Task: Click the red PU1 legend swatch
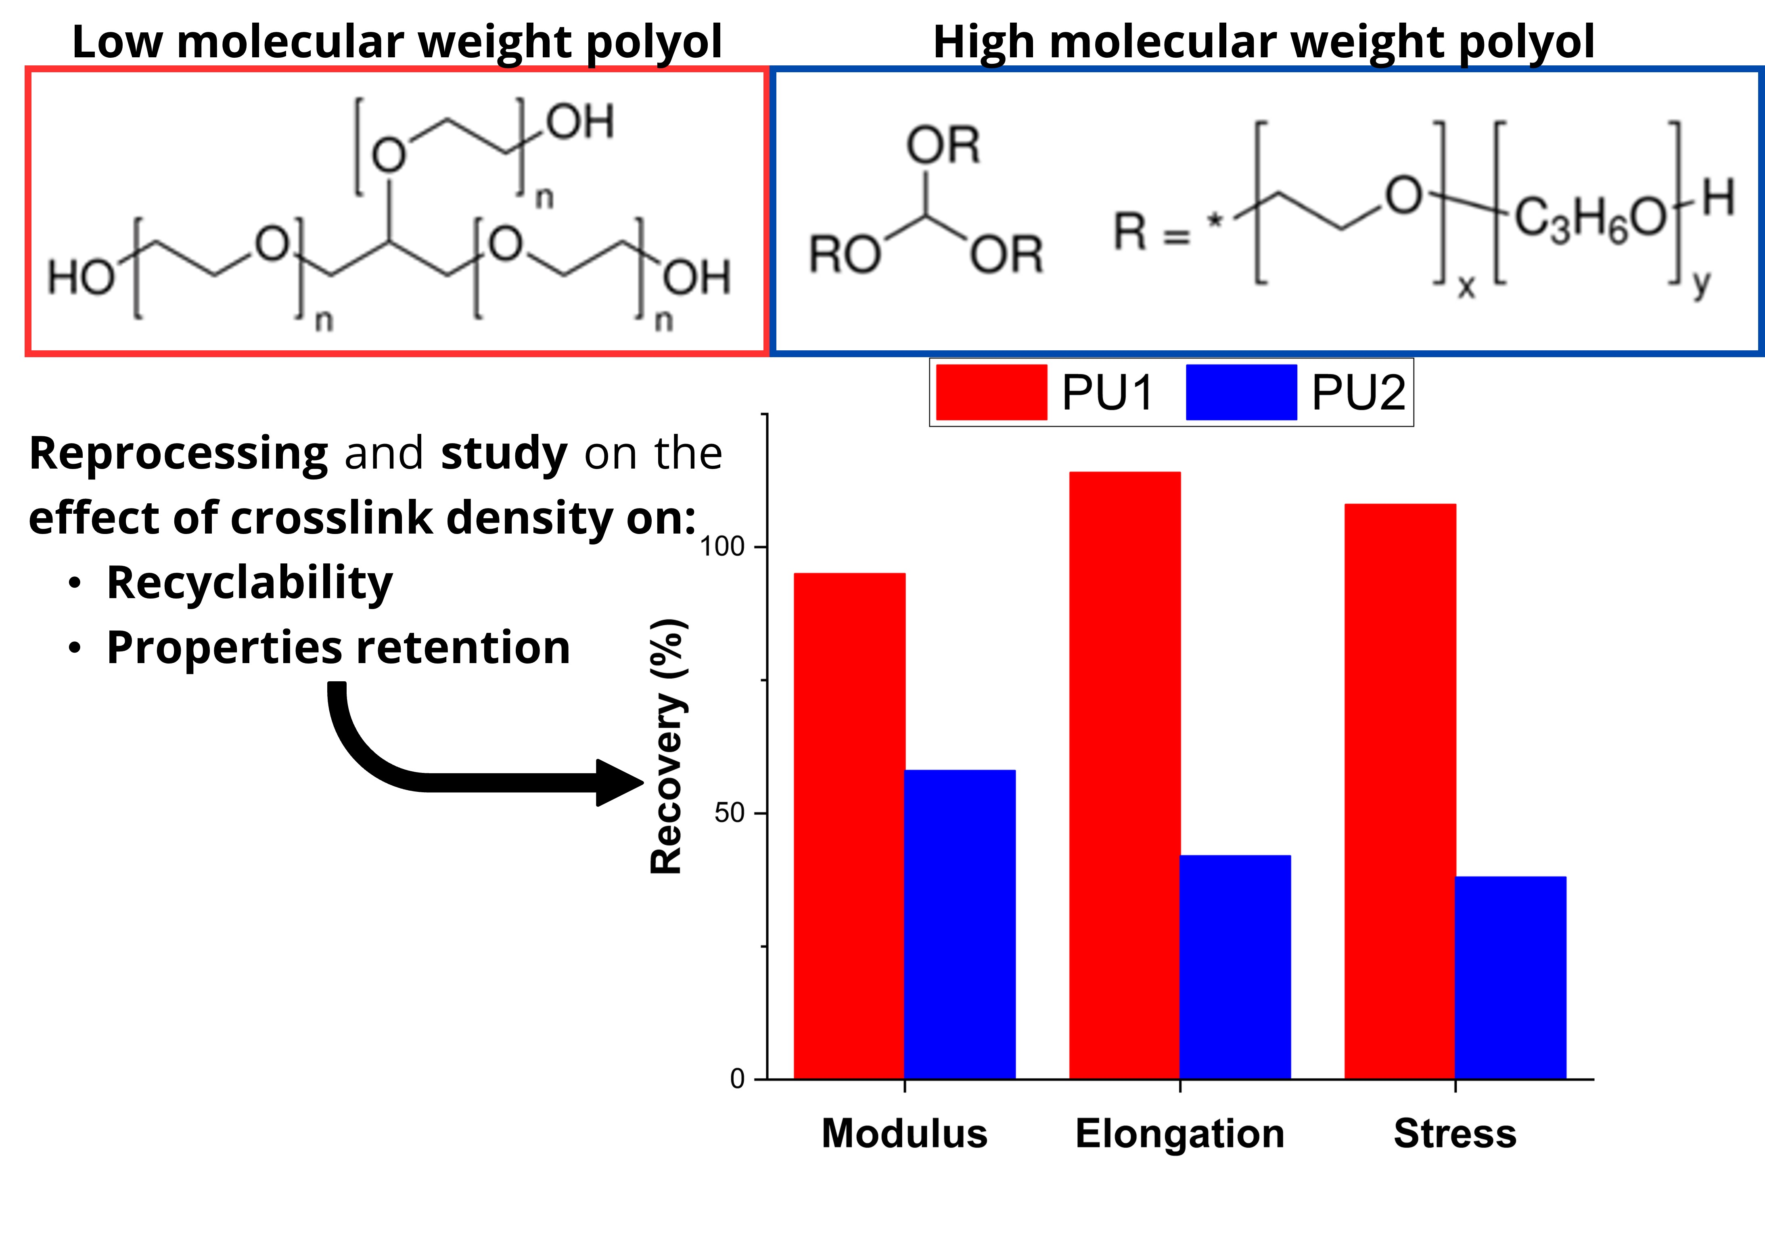[991, 392]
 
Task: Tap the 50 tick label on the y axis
[730, 812]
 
